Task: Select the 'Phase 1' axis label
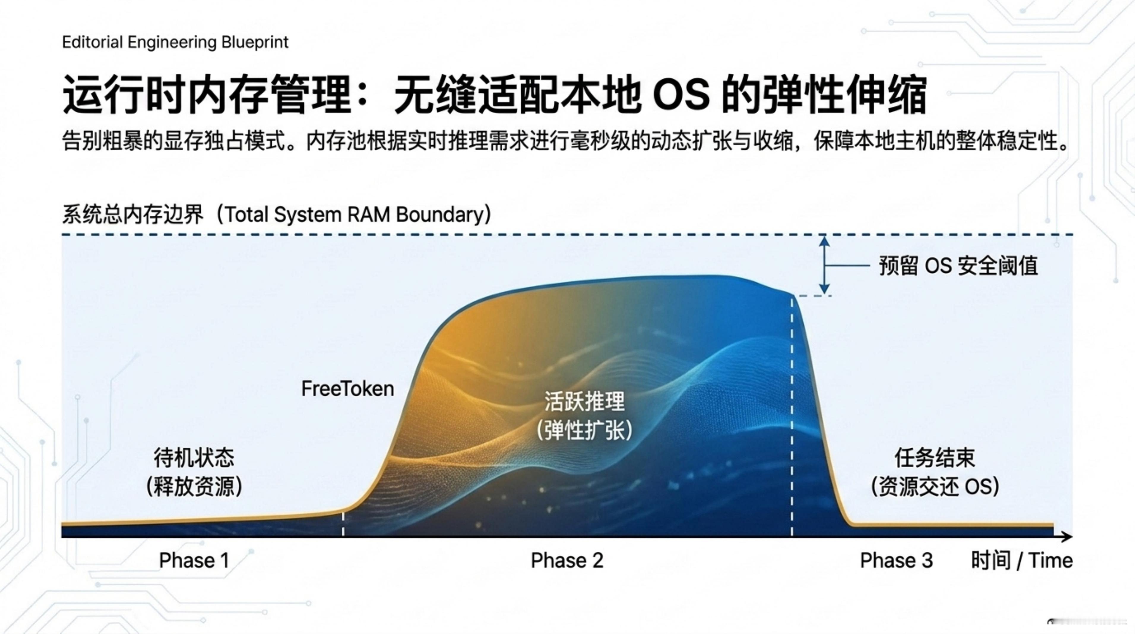coord(194,560)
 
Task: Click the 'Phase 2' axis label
coord(567,560)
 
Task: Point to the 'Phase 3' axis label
coord(896,560)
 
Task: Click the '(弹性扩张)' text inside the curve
coord(584,430)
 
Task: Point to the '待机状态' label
coord(194,457)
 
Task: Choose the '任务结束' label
coord(935,457)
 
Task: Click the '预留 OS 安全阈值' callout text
coord(958,266)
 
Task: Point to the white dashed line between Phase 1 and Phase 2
coord(343,523)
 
